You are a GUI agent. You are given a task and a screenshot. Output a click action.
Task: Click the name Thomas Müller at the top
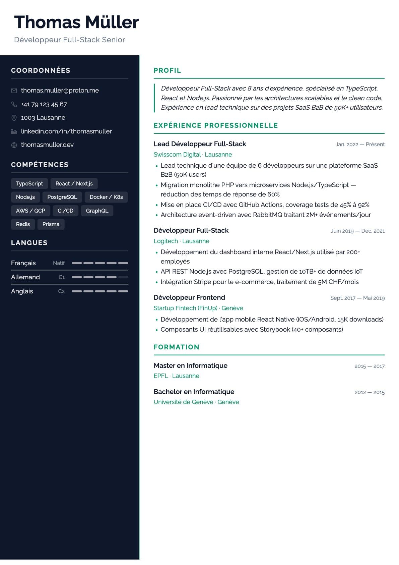coord(76,22)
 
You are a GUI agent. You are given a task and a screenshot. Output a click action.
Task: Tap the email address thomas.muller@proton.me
coord(60,91)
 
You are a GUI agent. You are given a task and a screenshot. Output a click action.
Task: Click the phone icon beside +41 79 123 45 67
coord(14,104)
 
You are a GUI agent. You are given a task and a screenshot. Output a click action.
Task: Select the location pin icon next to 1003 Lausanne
coord(14,118)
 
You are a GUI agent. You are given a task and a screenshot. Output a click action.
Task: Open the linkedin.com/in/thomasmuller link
coord(66,131)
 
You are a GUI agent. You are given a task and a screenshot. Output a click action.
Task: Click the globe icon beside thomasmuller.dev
coord(14,145)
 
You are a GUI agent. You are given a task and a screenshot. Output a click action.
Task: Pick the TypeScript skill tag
coord(29,184)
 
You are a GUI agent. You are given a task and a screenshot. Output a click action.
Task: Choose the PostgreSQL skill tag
coord(62,197)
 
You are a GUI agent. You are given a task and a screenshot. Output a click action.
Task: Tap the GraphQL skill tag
coord(97,211)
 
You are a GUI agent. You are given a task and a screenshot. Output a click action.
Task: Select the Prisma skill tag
coord(51,224)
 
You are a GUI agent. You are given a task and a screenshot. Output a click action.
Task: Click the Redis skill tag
coord(23,224)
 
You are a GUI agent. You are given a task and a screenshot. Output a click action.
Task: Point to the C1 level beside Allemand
coord(62,277)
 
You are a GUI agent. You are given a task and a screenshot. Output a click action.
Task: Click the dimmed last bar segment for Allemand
coord(123,277)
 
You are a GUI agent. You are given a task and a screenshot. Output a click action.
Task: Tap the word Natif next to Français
coord(59,263)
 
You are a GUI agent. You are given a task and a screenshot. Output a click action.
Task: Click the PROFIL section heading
coord(167,70)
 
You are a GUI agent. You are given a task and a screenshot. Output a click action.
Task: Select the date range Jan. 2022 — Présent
coord(360,145)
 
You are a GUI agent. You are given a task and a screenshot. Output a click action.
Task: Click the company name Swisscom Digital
coord(177,155)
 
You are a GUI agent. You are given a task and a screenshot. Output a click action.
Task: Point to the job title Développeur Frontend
coord(189,297)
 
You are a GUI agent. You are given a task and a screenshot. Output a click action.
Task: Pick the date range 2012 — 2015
coord(370,392)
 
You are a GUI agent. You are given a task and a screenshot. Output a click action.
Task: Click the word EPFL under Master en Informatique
coord(161,376)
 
